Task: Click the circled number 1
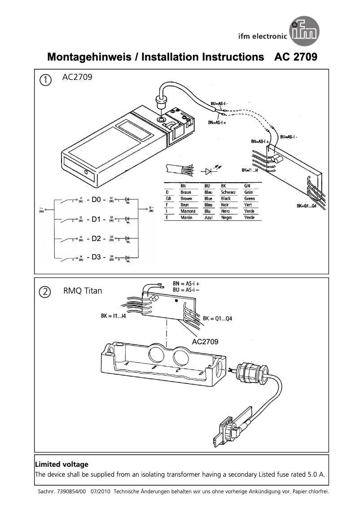click(x=45, y=80)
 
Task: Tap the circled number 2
click(x=45, y=291)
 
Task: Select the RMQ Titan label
click(x=83, y=291)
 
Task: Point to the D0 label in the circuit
click(x=96, y=200)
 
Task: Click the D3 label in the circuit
click(x=96, y=258)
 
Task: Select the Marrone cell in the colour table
click(x=188, y=211)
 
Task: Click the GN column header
click(x=247, y=185)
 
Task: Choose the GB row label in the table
click(x=168, y=198)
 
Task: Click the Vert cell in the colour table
click(x=248, y=205)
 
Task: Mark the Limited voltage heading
click(x=62, y=465)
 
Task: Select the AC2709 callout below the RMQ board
click(x=205, y=342)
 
